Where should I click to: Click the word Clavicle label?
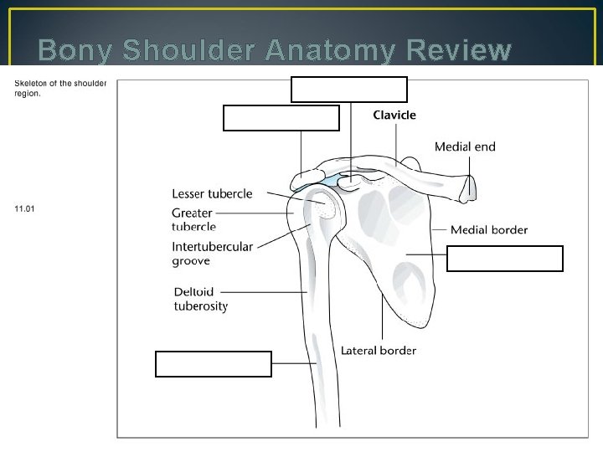394,115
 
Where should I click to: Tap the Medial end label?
465,146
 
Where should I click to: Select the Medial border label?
489,229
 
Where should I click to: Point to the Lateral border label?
379,351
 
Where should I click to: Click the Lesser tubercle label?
212,194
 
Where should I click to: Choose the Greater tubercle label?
193,219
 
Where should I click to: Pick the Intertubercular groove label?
212,254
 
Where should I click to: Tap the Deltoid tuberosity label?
200,299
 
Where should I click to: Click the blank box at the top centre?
349,89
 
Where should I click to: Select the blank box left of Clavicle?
281,119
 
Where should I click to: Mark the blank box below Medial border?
505,259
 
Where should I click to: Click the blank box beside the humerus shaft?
214,364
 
